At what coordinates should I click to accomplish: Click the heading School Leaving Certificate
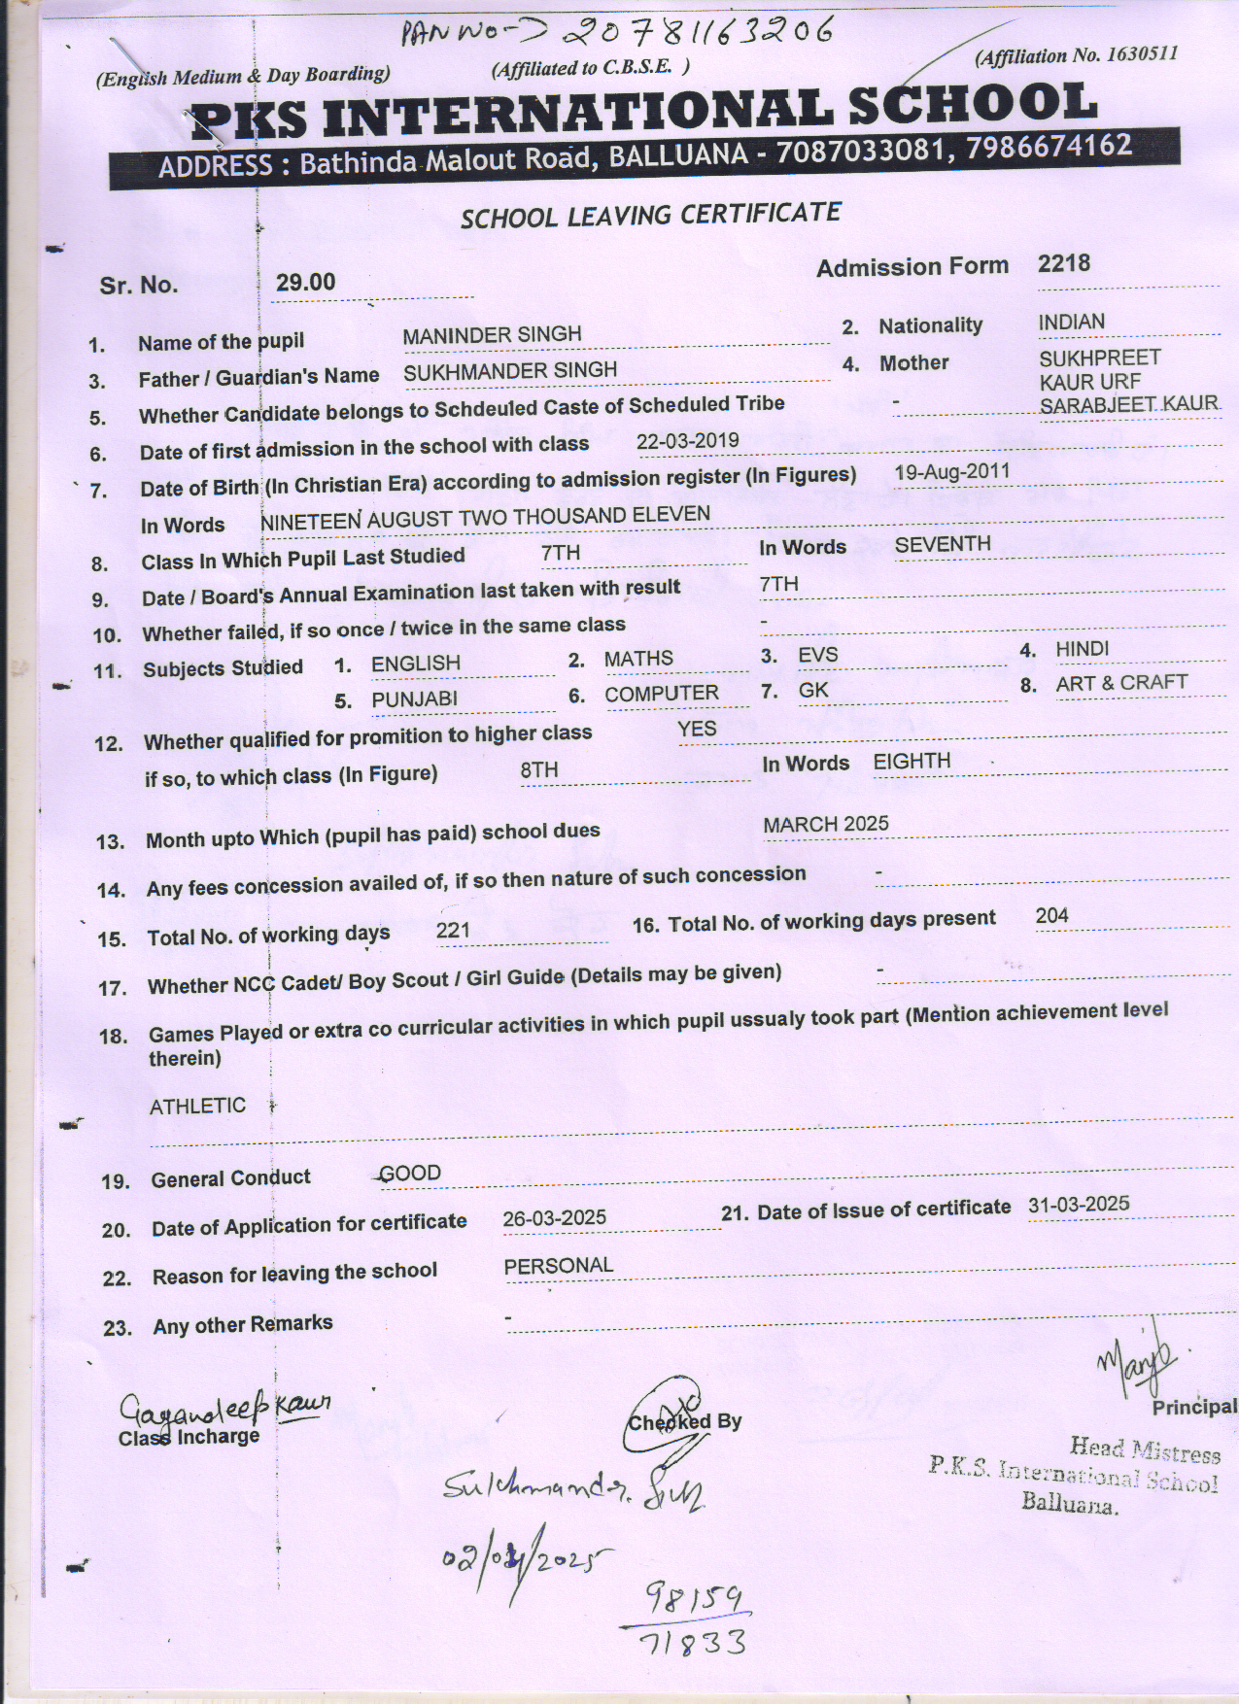click(x=650, y=215)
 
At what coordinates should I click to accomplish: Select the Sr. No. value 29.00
click(x=305, y=283)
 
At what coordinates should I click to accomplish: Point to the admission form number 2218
click(x=1063, y=263)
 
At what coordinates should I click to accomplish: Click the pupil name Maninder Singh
click(x=492, y=335)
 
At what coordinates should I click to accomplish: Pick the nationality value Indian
click(x=1071, y=322)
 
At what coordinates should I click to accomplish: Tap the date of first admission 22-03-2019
click(x=687, y=440)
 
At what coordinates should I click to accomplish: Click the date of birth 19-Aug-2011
click(x=951, y=472)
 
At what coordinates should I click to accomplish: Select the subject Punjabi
click(x=414, y=699)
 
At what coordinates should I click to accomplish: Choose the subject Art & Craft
click(x=1121, y=683)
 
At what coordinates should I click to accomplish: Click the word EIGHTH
click(x=912, y=762)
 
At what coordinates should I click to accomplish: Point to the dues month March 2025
click(x=825, y=824)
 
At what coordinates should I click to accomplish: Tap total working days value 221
click(x=453, y=931)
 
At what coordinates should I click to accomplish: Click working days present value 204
click(x=1051, y=915)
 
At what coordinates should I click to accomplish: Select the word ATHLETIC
click(x=197, y=1106)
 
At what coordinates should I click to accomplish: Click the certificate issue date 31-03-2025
click(x=1079, y=1205)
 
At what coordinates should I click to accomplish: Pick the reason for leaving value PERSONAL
click(x=558, y=1266)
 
